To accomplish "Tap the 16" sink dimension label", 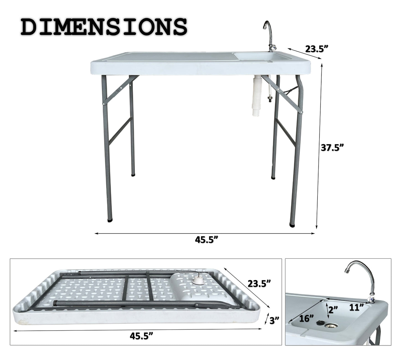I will click(307, 318).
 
